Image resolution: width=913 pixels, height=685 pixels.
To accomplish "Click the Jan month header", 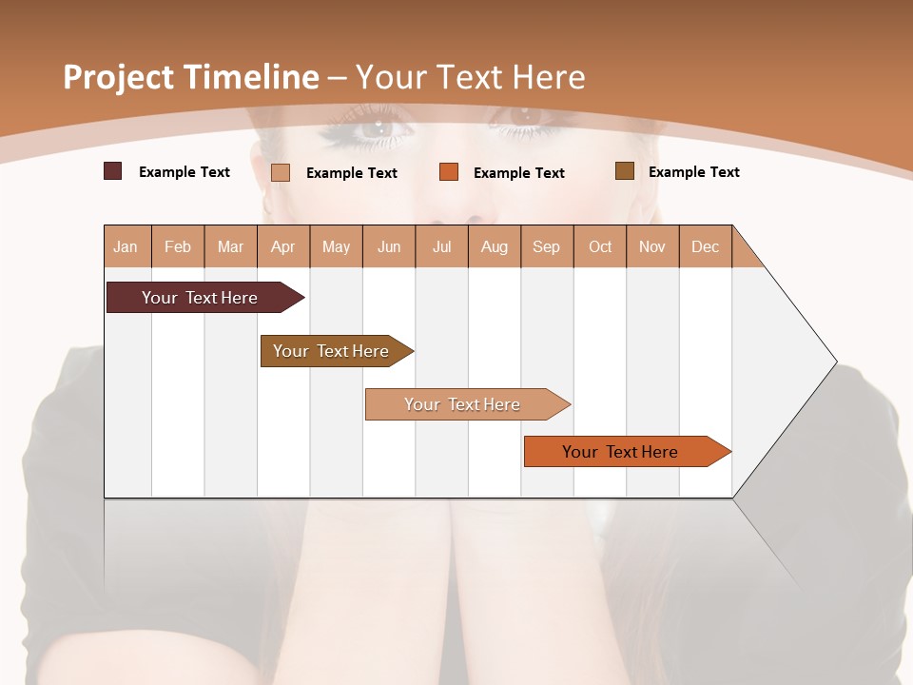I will [126, 246].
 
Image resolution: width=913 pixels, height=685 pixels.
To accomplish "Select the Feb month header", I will [178, 246].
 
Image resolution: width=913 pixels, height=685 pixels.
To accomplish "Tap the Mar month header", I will [230, 246].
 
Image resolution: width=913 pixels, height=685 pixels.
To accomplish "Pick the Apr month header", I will [283, 246].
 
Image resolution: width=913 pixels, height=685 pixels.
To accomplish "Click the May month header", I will [336, 246].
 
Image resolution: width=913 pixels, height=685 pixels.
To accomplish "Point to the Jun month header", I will [389, 246].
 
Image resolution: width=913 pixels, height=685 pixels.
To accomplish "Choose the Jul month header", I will [441, 246].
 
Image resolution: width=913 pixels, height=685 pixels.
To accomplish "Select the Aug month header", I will [495, 246].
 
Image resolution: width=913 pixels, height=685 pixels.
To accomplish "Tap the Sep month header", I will [547, 246].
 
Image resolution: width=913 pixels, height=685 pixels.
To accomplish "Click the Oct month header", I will [600, 246].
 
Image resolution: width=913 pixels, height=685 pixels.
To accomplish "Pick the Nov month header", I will [652, 246].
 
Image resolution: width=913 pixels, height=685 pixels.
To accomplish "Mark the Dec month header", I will [706, 246].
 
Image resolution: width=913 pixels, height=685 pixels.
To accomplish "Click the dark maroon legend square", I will [113, 171].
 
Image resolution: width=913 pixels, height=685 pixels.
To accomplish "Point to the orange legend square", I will [449, 172].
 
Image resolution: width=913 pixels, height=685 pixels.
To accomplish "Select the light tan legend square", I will [281, 172].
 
